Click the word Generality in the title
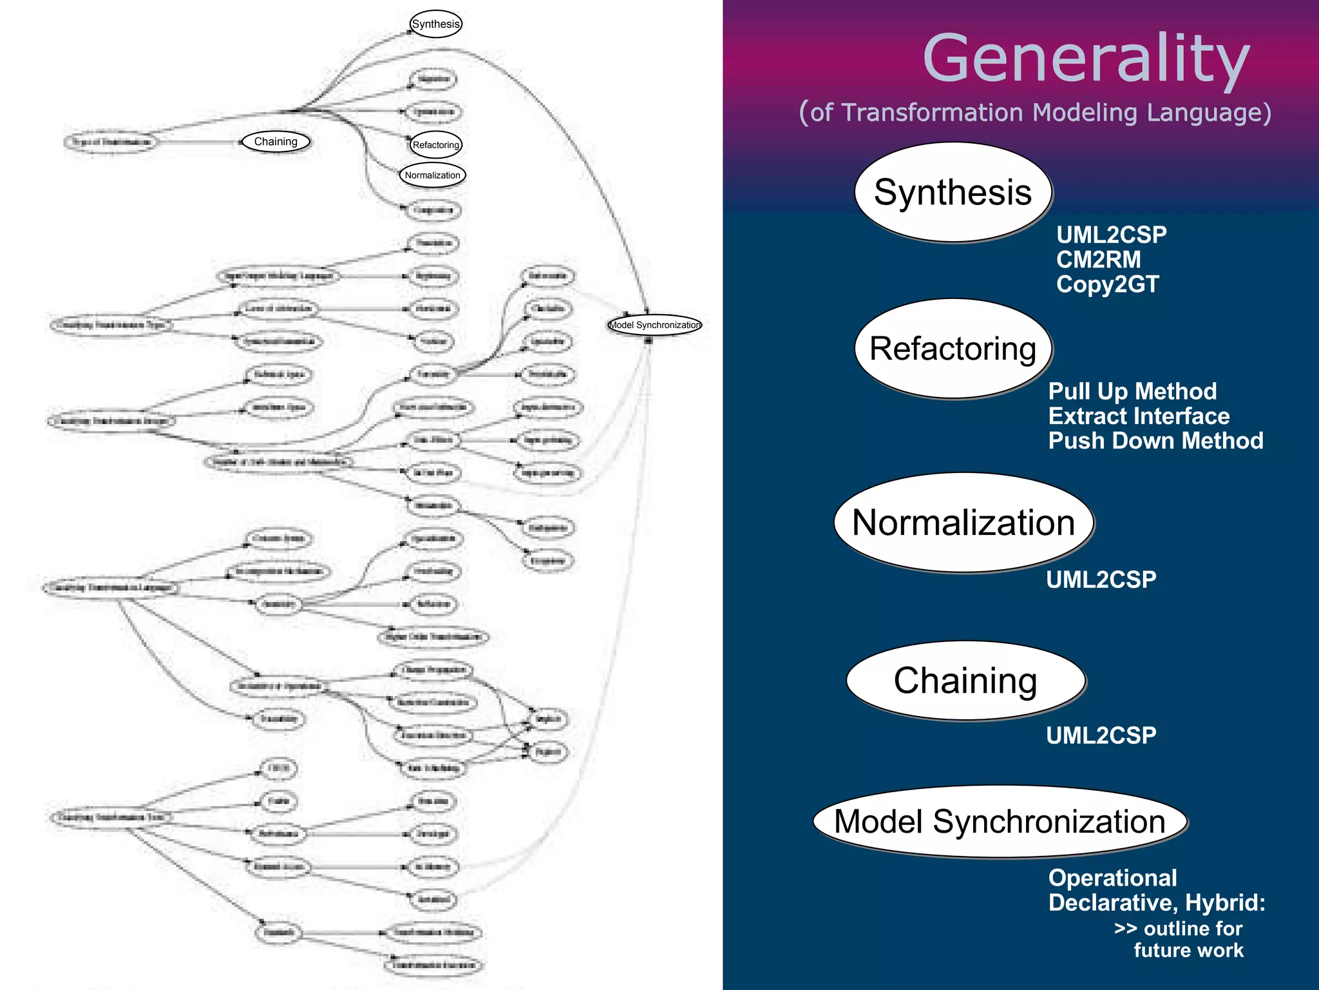[x=1086, y=59]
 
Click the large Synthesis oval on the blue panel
[x=953, y=192]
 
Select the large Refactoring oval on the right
[x=953, y=349]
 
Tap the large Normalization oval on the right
[x=963, y=522]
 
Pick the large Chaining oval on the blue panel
[x=965, y=681]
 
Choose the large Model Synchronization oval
[x=1000, y=822]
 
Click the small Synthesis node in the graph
[x=436, y=24]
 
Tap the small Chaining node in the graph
[x=276, y=141]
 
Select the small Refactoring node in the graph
[x=436, y=144]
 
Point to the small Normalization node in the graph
[x=432, y=175]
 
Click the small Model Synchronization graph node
[x=655, y=325]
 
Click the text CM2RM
[x=1098, y=259]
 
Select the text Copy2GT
[x=1107, y=284]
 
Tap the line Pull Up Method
[x=1132, y=391]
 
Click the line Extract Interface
[x=1139, y=416]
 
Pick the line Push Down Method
[x=1155, y=441]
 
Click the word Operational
[x=1112, y=878]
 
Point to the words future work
[x=1188, y=950]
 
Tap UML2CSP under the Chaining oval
[x=1101, y=735]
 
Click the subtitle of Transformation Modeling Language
[x=1035, y=113]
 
